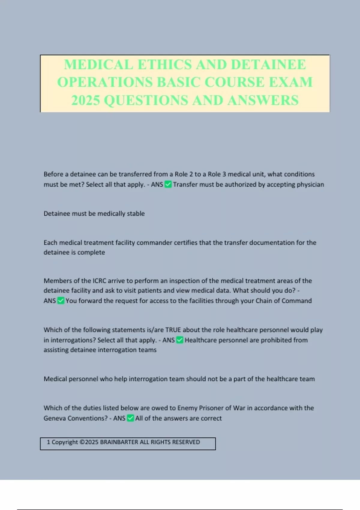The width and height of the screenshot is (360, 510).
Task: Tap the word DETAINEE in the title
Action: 268,64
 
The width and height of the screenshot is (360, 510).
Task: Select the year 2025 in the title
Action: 85,100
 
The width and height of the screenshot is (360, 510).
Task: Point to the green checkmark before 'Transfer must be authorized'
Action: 168,184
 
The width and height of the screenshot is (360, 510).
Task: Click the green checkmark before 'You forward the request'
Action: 61,301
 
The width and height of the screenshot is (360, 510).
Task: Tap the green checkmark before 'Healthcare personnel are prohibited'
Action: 179,340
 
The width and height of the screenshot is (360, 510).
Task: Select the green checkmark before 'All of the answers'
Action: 130,418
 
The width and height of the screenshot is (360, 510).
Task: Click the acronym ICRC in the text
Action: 99,281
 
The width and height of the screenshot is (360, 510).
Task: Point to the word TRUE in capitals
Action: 173,330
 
